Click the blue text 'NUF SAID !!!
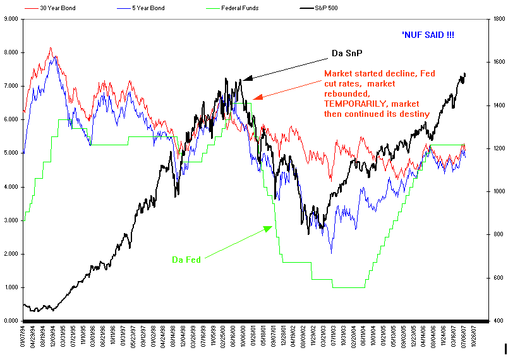[x=428, y=35]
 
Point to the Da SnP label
[x=347, y=53]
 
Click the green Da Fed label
[x=186, y=260]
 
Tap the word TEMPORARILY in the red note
[x=357, y=103]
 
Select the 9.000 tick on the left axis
[x=11, y=19]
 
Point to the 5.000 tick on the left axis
[x=11, y=153]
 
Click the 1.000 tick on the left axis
[x=11, y=288]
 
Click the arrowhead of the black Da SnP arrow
[x=245, y=78]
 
